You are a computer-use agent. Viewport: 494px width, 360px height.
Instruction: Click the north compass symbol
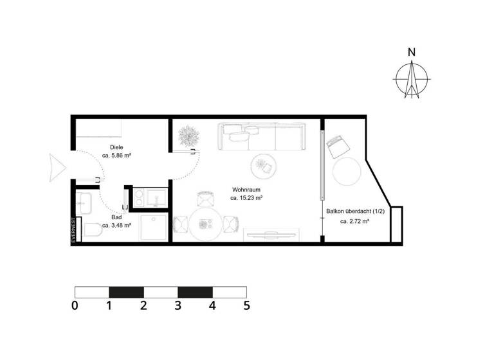(x=412, y=80)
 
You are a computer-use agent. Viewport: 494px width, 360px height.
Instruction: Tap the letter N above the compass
(x=412, y=53)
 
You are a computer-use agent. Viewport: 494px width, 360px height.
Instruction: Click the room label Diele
(x=116, y=147)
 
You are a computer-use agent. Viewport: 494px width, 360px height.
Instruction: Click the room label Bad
(x=116, y=217)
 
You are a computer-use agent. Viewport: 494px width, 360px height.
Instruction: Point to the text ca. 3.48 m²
(x=116, y=226)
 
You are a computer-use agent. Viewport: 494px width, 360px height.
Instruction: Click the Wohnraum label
(x=246, y=190)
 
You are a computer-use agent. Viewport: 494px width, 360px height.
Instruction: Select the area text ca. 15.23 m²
(x=246, y=199)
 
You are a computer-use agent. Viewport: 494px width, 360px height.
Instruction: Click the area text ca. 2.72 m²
(x=354, y=221)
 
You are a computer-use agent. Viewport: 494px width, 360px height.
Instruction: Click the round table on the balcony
(x=347, y=172)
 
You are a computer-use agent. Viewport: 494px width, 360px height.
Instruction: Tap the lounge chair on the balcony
(x=337, y=146)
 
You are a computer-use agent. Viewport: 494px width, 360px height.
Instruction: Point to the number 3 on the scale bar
(x=178, y=306)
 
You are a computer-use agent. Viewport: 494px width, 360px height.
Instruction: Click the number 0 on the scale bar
(x=75, y=306)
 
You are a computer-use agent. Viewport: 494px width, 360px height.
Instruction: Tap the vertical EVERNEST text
(x=75, y=230)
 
